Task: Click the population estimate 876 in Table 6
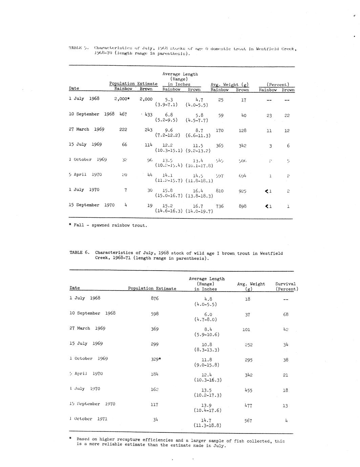click(x=154, y=298)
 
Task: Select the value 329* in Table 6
click(x=155, y=359)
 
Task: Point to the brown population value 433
click(x=148, y=114)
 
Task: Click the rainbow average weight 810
click(x=219, y=191)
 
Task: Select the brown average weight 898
click(x=242, y=206)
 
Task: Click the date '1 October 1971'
click(x=88, y=419)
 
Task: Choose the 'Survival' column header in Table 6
click(x=285, y=284)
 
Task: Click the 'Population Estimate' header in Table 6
click(x=152, y=289)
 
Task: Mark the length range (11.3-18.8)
click(x=207, y=425)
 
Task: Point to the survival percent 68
click(x=285, y=314)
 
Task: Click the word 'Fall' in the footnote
click(x=79, y=225)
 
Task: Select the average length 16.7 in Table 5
click(x=198, y=206)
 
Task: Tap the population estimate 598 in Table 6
click(x=154, y=314)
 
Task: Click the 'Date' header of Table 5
click(x=74, y=88)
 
